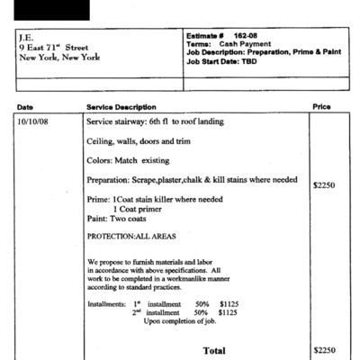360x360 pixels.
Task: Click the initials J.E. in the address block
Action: click(x=26, y=38)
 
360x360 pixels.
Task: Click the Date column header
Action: click(x=25, y=107)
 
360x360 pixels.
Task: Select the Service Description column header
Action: click(x=121, y=107)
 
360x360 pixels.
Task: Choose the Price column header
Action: click(x=321, y=106)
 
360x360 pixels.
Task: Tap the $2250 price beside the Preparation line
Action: click(x=324, y=185)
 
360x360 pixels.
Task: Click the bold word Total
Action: click(x=214, y=349)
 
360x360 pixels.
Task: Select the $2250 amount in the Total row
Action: click(x=324, y=349)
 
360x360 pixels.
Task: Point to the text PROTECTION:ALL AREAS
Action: click(x=130, y=237)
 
